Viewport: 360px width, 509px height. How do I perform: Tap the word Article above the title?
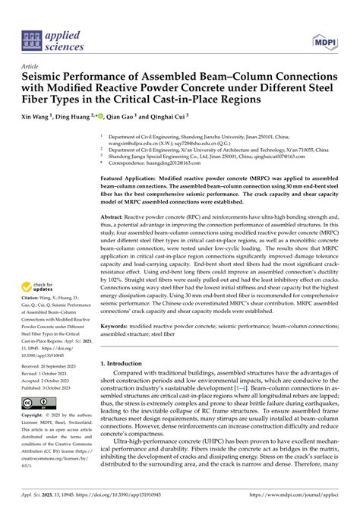click(x=33, y=66)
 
